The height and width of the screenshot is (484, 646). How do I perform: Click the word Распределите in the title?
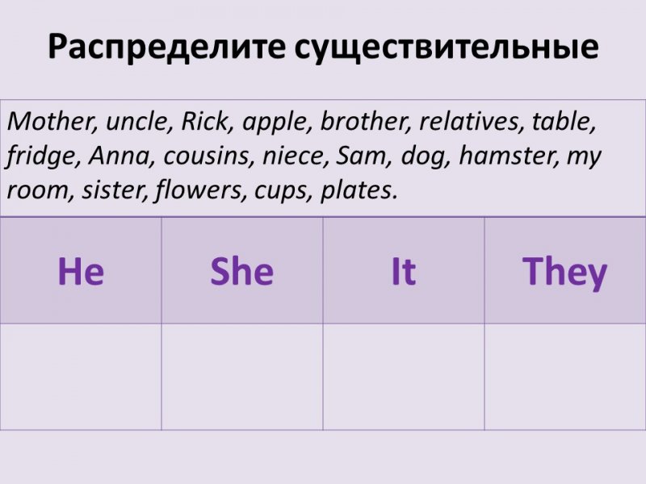coord(166,47)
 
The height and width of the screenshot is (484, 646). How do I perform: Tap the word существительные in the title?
coord(447,47)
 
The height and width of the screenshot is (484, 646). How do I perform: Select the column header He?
coord(81,271)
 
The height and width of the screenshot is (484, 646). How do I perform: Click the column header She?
coord(241,271)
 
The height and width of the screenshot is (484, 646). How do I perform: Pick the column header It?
coord(404,271)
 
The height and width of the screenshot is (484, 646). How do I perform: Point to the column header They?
coord(564,273)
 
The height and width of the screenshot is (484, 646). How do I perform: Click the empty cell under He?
coord(81,377)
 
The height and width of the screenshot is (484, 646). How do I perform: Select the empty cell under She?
coord(242,377)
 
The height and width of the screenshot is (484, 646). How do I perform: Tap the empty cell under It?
coord(404,377)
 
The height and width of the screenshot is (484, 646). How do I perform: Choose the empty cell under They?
coord(565,377)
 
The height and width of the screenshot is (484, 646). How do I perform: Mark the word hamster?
coord(509,156)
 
